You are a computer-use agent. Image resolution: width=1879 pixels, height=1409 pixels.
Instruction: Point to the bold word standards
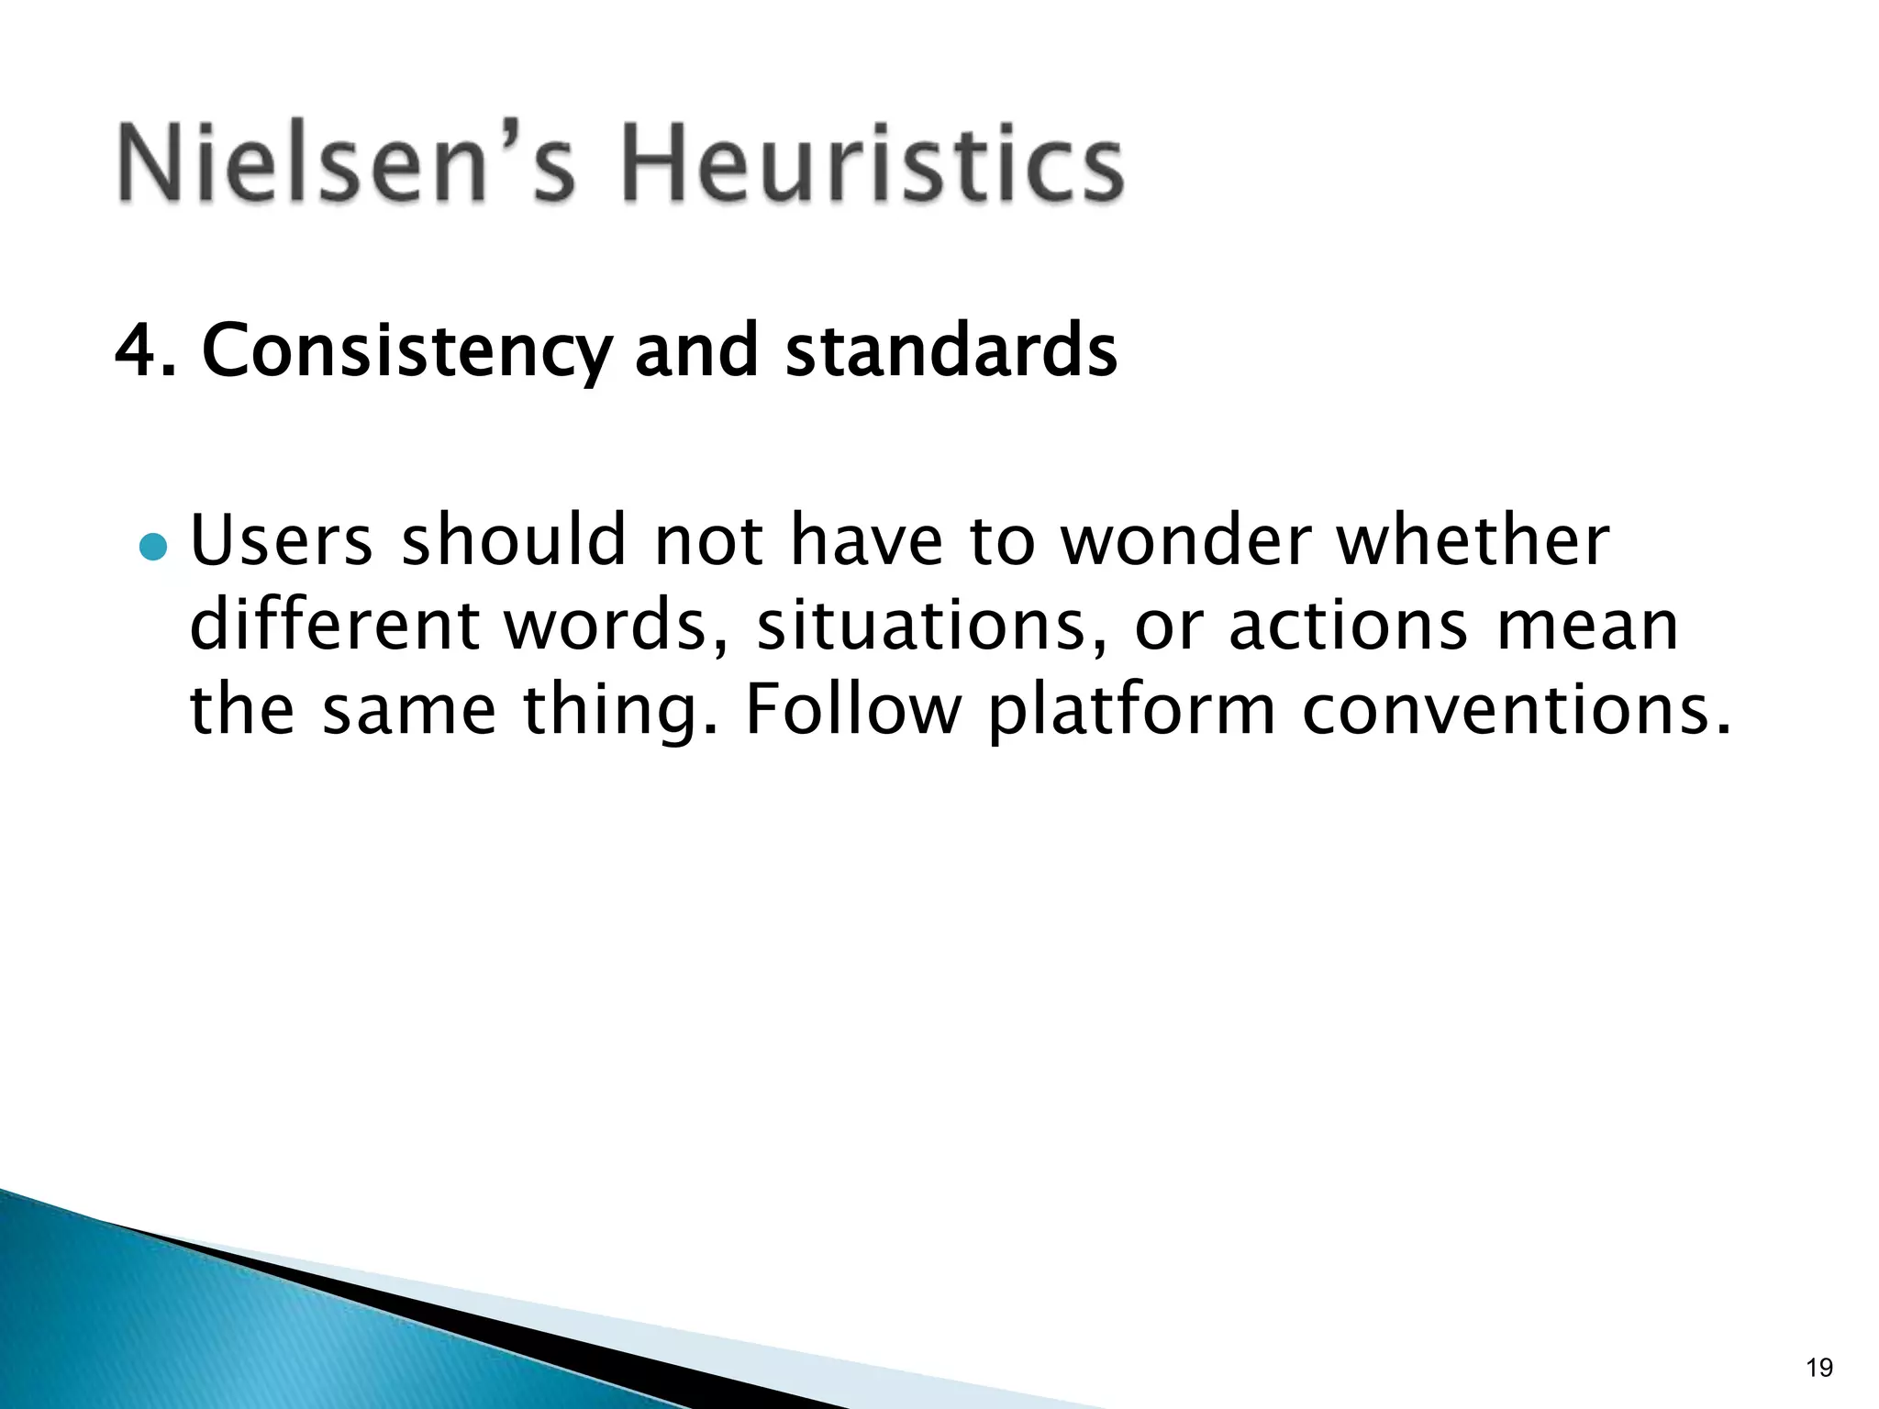951,350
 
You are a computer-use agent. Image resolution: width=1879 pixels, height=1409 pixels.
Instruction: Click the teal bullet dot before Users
153,548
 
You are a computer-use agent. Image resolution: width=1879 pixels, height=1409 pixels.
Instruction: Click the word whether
1472,540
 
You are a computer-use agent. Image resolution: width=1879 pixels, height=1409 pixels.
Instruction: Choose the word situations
930,625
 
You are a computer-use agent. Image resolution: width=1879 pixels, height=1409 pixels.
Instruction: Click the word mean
1588,627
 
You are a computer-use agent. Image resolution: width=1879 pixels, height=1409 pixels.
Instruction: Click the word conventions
1516,711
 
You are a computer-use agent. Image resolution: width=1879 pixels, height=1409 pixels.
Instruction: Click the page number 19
1818,1368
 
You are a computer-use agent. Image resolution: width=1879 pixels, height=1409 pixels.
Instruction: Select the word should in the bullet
514,540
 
